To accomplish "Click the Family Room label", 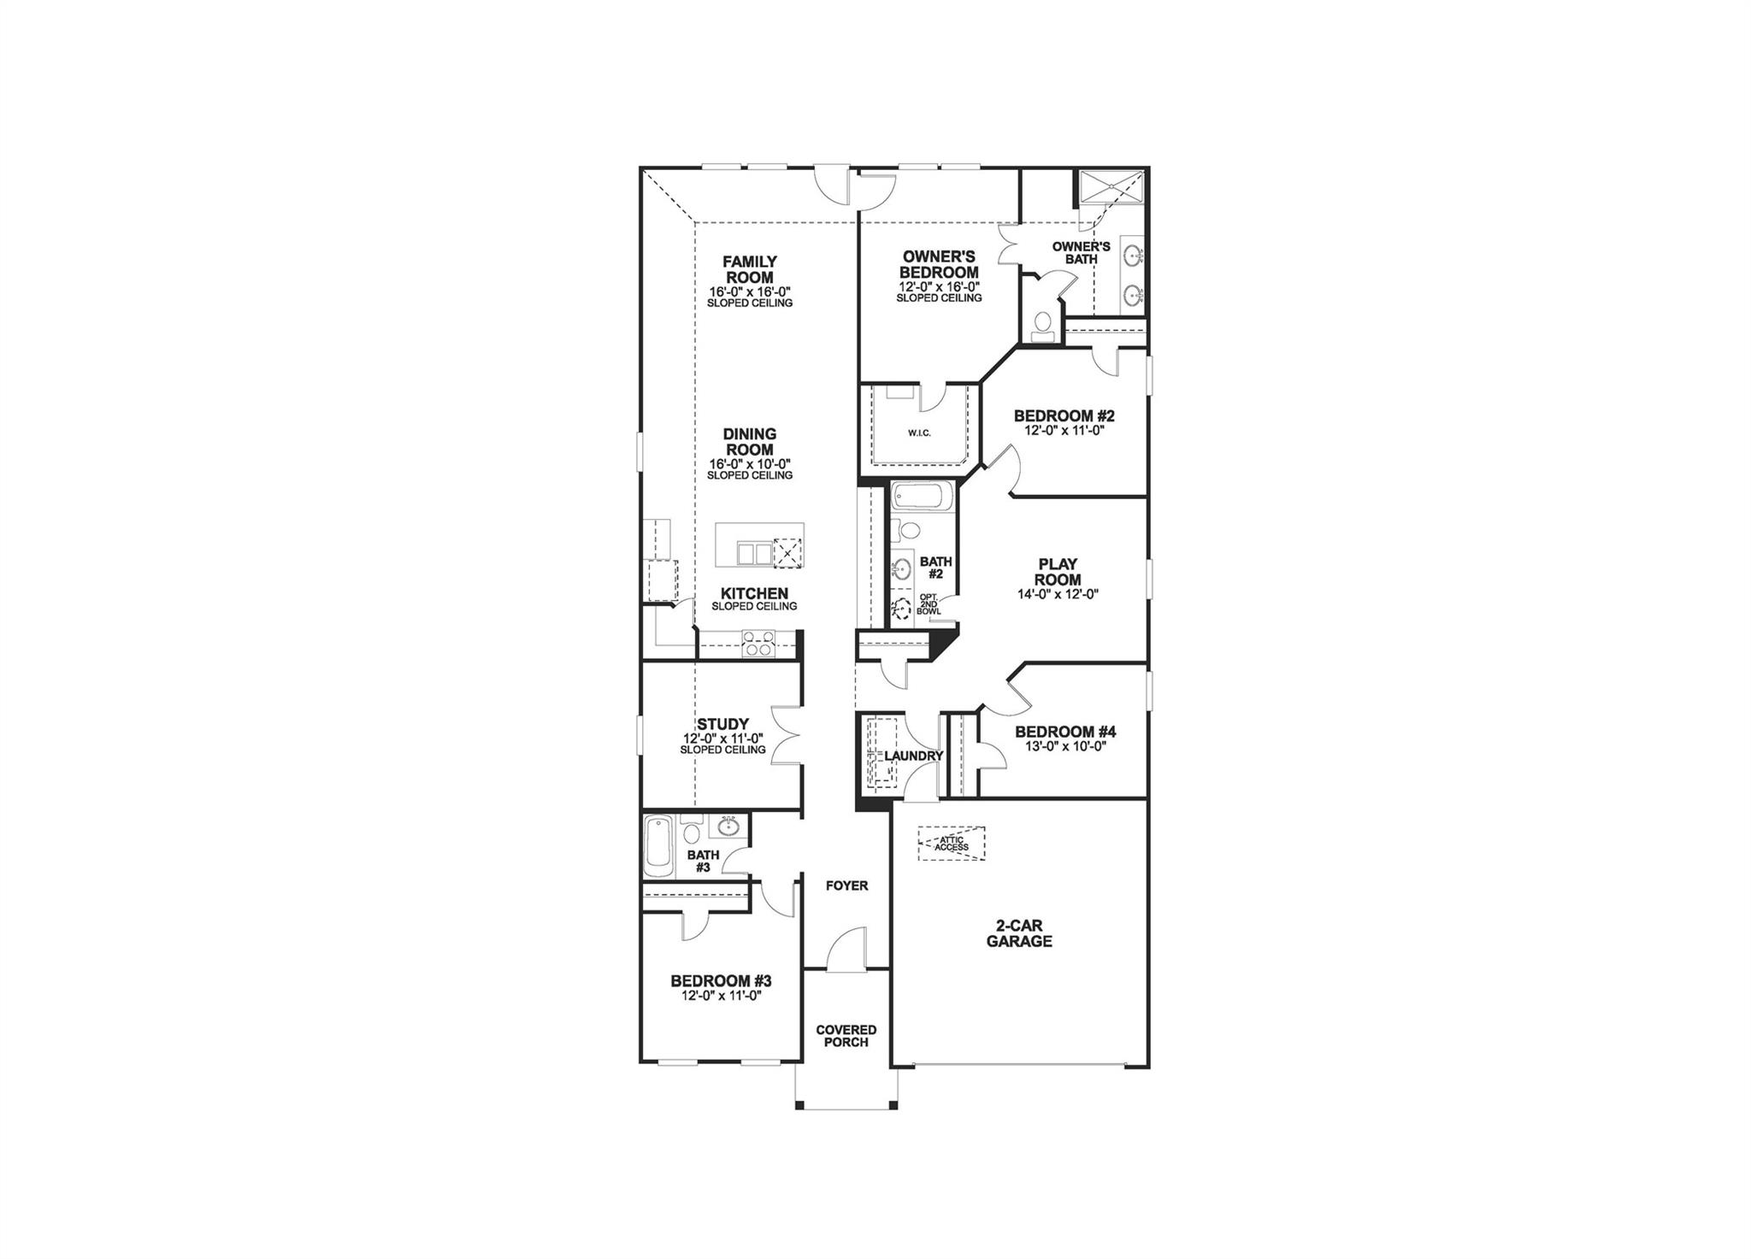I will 750,269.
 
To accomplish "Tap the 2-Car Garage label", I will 1018,933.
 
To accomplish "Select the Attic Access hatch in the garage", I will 951,843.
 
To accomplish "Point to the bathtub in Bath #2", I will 920,497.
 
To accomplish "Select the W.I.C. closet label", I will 919,433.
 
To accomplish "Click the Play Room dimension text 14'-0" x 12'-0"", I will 1058,594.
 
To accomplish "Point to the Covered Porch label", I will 846,1036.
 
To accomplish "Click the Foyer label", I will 846,886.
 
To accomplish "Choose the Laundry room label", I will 913,756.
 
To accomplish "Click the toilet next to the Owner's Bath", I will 1042,325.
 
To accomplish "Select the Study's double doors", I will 785,734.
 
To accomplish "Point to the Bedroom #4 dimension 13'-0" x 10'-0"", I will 1065,746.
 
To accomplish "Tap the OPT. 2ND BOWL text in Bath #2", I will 929,604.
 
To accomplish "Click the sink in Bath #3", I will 728,827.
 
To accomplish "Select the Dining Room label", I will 750,442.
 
